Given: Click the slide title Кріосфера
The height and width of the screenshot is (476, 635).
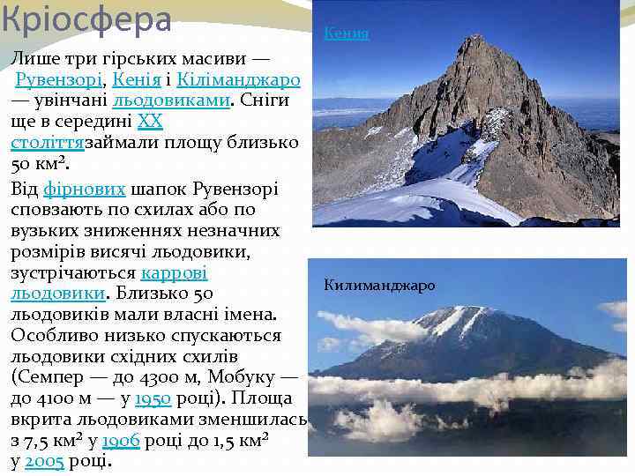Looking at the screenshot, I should [86, 19].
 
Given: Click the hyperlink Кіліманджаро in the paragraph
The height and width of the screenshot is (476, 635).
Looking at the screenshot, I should [239, 80].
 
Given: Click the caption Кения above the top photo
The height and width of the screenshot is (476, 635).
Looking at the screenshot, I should [346, 34].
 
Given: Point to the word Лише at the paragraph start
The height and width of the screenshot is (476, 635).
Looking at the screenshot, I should [33, 59].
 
